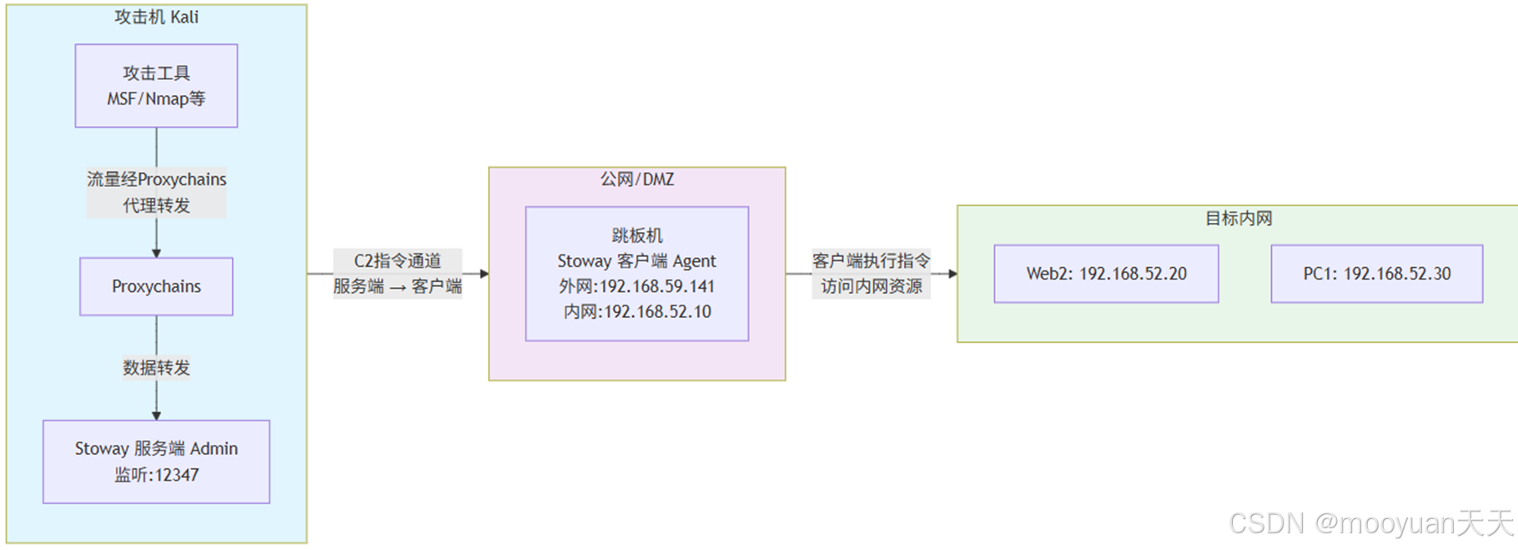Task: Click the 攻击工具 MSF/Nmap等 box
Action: [x=156, y=86]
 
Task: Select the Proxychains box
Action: [x=156, y=286]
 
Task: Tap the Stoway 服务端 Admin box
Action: [x=156, y=462]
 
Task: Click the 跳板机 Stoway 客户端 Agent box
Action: [x=636, y=274]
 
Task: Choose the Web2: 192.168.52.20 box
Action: [x=1106, y=274]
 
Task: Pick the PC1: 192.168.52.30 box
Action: [x=1376, y=274]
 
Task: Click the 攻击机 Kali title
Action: [x=156, y=17]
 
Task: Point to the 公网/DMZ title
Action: [x=636, y=179]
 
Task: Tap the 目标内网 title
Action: [x=1239, y=219]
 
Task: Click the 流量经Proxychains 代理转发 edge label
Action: [x=156, y=192]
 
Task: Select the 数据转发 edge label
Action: [x=156, y=367]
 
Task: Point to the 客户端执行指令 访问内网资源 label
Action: [x=871, y=274]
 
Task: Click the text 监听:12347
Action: [x=156, y=475]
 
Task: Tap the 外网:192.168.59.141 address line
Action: [x=636, y=286]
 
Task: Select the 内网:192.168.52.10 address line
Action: [x=636, y=312]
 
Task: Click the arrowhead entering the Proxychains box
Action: [x=156, y=253]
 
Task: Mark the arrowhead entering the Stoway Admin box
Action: [x=156, y=416]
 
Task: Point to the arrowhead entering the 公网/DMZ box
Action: [x=484, y=274]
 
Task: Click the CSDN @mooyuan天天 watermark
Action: [x=1370, y=523]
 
